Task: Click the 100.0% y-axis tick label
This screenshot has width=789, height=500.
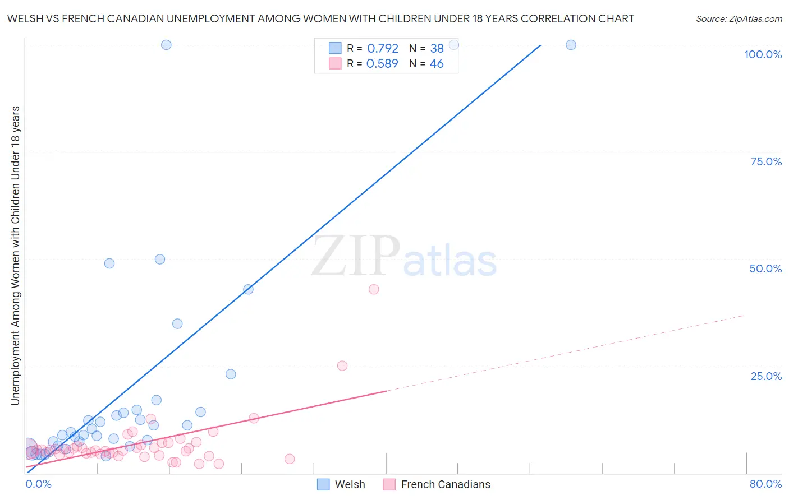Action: click(x=763, y=54)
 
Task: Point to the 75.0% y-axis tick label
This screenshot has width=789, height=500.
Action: click(x=766, y=161)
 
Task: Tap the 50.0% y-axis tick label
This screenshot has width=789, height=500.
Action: click(x=765, y=268)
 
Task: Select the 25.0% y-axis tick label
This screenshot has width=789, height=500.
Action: click(x=766, y=376)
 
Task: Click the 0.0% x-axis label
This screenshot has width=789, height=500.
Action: click(x=38, y=484)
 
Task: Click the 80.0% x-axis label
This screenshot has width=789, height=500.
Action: click(x=765, y=484)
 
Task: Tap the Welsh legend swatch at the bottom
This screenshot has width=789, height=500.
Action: click(x=323, y=484)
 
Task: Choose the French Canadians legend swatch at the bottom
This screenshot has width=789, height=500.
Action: click(x=389, y=484)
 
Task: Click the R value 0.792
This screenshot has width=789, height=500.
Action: click(x=382, y=49)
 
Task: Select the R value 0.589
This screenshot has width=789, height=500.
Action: click(x=382, y=64)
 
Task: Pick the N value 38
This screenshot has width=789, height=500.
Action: click(x=437, y=49)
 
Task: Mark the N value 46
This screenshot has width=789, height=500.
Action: click(x=437, y=64)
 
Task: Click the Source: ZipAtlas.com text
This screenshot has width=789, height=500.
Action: click(x=738, y=19)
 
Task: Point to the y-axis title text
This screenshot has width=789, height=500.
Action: click(x=15, y=255)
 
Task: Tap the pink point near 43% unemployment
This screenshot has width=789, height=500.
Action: click(x=374, y=289)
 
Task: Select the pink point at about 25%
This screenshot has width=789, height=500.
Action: click(x=342, y=365)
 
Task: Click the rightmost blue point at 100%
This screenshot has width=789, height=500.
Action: click(x=571, y=45)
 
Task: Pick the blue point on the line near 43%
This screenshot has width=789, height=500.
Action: click(x=248, y=289)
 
